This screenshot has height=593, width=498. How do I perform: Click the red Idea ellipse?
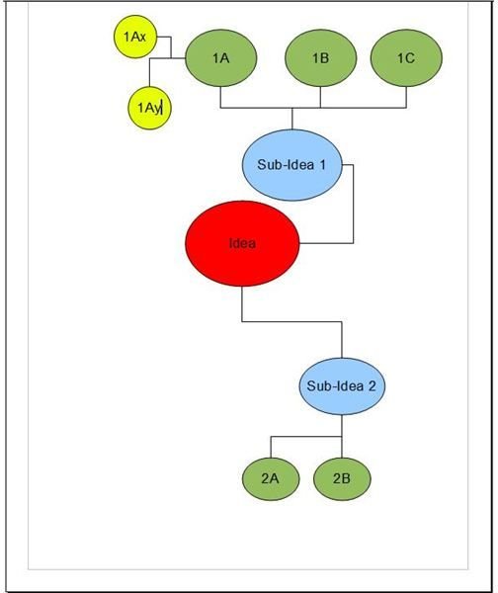tap(242, 243)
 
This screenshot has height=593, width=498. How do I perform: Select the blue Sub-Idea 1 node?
tap(291, 165)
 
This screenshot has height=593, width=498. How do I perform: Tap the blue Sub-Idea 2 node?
tap(342, 386)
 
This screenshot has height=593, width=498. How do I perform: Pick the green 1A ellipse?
tap(220, 58)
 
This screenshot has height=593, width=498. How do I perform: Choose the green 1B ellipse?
tap(321, 58)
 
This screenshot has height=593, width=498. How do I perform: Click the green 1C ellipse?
tap(406, 58)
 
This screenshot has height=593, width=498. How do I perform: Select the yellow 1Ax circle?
tap(135, 37)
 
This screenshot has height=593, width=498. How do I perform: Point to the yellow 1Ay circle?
tap(149, 108)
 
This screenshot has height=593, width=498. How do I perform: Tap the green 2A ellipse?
tap(271, 478)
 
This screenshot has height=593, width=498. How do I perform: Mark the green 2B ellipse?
tap(342, 478)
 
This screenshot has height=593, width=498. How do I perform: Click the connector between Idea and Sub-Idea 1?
tap(354, 205)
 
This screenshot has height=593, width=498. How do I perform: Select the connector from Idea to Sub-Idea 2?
tap(291, 322)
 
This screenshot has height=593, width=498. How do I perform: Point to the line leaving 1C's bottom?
tap(406, 98)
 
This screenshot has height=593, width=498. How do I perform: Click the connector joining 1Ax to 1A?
tap(171, 47)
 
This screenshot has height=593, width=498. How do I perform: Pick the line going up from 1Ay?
tap(150, 72)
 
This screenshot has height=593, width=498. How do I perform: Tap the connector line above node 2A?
tap(271, 447)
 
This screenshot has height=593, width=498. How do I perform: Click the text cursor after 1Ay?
tap(161, 108)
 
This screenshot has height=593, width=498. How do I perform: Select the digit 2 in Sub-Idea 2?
tap(372, 385)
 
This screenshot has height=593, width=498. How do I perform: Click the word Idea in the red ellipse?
tap(242, 243)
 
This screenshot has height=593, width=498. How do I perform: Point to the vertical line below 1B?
tap(321, 98)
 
